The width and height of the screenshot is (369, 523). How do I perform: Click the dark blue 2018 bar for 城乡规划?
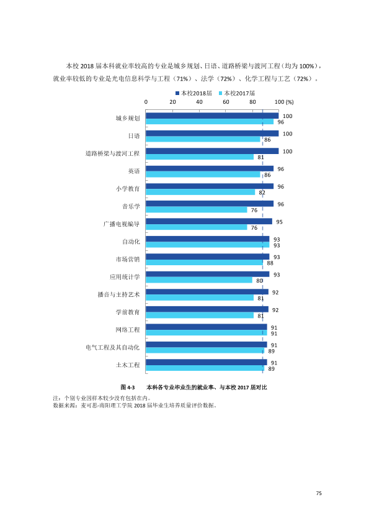click(x=212, y=116)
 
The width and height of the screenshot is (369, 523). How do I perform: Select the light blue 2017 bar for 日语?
click(x=203, y=139)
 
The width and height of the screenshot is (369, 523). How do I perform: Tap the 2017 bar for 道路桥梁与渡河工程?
click(x=200, y=157)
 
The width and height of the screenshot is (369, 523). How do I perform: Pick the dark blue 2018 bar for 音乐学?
click(x=210, y=204)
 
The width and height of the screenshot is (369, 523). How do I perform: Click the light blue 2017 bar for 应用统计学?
click(x=199, y=280)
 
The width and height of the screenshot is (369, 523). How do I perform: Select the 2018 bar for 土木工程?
click(x=206, y=362)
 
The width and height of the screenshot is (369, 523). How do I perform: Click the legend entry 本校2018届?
click(x=194, y=93)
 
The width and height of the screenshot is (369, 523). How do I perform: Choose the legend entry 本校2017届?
click(x=237, y=93)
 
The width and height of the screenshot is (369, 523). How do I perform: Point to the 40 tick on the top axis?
click(x=199, y=102)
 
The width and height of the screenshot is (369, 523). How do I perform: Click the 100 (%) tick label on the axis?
click(x=284, y=102)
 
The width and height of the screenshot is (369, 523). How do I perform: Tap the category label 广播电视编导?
click(x=121, y=224)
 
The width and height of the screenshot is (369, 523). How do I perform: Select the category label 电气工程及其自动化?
click(x=113, y=348)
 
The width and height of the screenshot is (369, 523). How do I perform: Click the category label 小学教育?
click(x=128, y=189)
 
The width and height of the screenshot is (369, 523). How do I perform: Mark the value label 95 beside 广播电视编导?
click(x=280, y=222)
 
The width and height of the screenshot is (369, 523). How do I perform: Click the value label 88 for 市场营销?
click(x=270, y=263)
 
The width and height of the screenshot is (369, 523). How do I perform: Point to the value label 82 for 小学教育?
click(x=262, y=193)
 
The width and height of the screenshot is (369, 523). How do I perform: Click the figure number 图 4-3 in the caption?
click(x=128, y=387)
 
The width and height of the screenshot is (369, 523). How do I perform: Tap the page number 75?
click(x=319, y=493)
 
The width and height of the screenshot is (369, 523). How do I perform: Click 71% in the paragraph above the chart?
click(x=182, y=79)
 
